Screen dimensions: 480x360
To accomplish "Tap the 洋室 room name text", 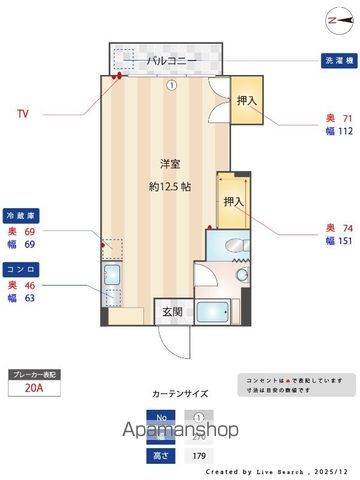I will [x=171, y=161].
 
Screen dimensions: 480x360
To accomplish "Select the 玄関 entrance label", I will [x=171, y=312].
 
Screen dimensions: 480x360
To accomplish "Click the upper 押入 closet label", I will [x=245, y=101].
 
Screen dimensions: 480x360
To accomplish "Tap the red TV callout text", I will [x=23, y=113].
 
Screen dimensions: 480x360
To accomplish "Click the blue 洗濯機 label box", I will [x=337, y=59].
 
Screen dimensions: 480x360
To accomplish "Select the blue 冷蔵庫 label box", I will [x=22, y=214].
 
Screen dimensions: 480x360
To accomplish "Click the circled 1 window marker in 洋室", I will [x=172, y=85].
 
